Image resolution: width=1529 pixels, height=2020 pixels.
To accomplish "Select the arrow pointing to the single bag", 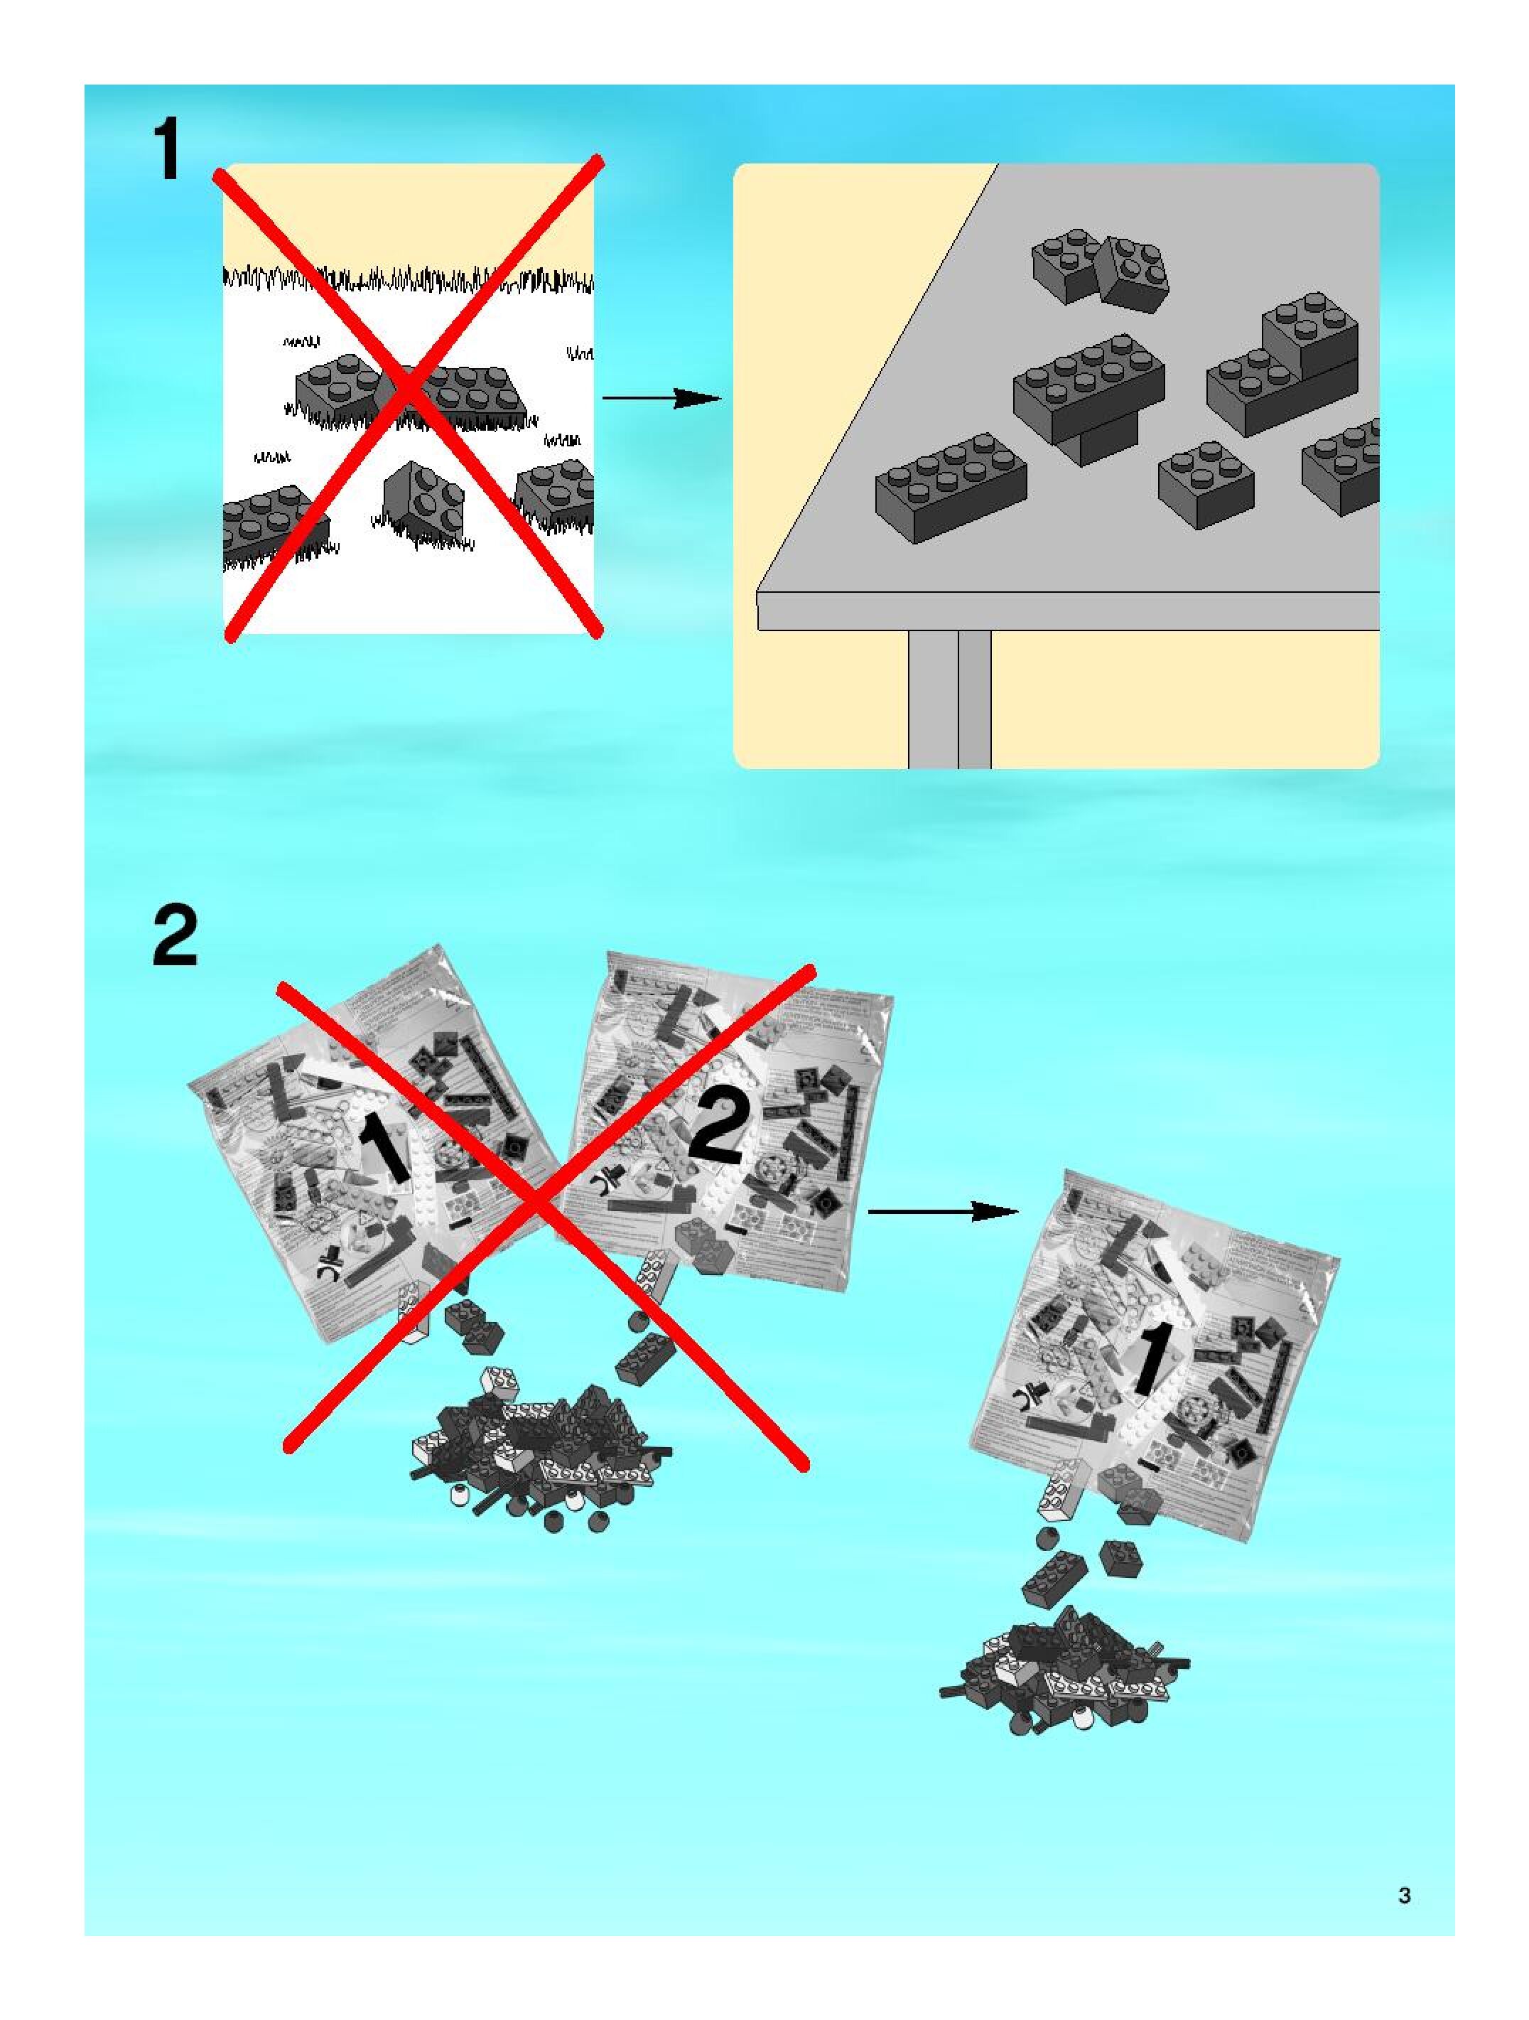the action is pyautogui.click(x=942, y=1212).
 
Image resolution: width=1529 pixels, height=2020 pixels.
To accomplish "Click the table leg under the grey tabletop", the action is pyautogui.click(x=949, y=699).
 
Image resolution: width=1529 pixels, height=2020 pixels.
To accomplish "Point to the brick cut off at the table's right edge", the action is pyautogui.click(x=1342, y=466).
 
